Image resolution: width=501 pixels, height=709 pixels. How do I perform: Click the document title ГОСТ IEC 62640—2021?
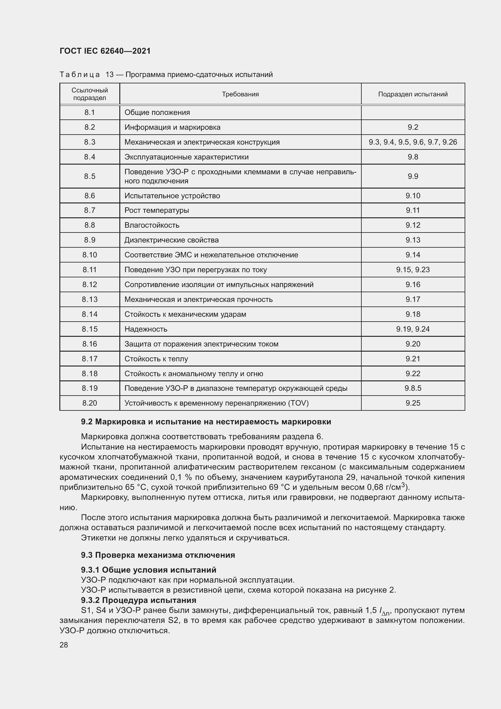[x=105, y=51]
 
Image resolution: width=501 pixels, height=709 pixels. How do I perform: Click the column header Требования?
[x=240, y=94]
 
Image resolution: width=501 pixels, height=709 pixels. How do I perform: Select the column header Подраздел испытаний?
[x=413, y=94]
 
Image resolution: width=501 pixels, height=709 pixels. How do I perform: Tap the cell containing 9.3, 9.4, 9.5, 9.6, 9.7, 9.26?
[x=413, y=142]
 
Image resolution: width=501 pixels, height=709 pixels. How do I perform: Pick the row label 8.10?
[x=89, y=255]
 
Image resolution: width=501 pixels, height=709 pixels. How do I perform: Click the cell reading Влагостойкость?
[x=152, y=225]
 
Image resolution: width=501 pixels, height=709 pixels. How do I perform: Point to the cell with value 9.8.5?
[x=413, y=388]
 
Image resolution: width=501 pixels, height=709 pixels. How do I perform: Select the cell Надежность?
[x=146, y=329]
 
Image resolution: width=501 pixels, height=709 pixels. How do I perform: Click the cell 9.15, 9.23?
[x=413, y=269]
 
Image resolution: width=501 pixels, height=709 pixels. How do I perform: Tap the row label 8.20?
[x=89, y=403]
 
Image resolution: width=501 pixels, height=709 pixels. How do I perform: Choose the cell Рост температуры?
[x=157, y=210]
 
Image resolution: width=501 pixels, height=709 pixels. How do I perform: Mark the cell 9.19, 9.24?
[x=413, y=329]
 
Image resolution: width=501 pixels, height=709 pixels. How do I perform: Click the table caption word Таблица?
[x=80, y=75]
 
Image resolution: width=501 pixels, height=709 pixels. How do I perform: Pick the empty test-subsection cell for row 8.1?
[x=413, y=112]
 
